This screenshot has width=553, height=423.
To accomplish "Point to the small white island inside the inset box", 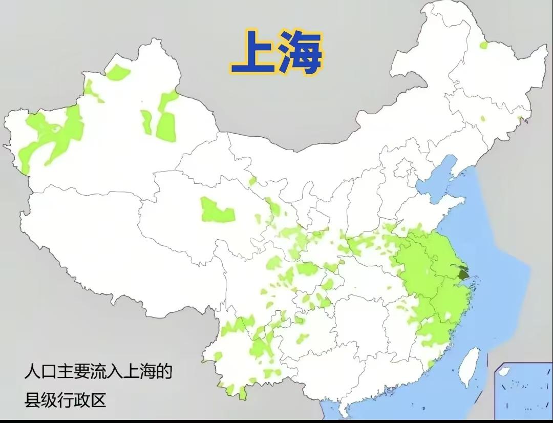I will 504,371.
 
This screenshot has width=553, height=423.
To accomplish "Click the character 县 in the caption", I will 32,399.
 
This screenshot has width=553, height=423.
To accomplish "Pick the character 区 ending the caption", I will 98,399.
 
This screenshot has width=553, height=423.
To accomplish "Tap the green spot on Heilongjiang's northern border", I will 483,45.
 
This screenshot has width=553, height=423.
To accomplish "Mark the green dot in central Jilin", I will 482,119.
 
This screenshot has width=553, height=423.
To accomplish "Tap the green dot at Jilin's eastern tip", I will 520,119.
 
